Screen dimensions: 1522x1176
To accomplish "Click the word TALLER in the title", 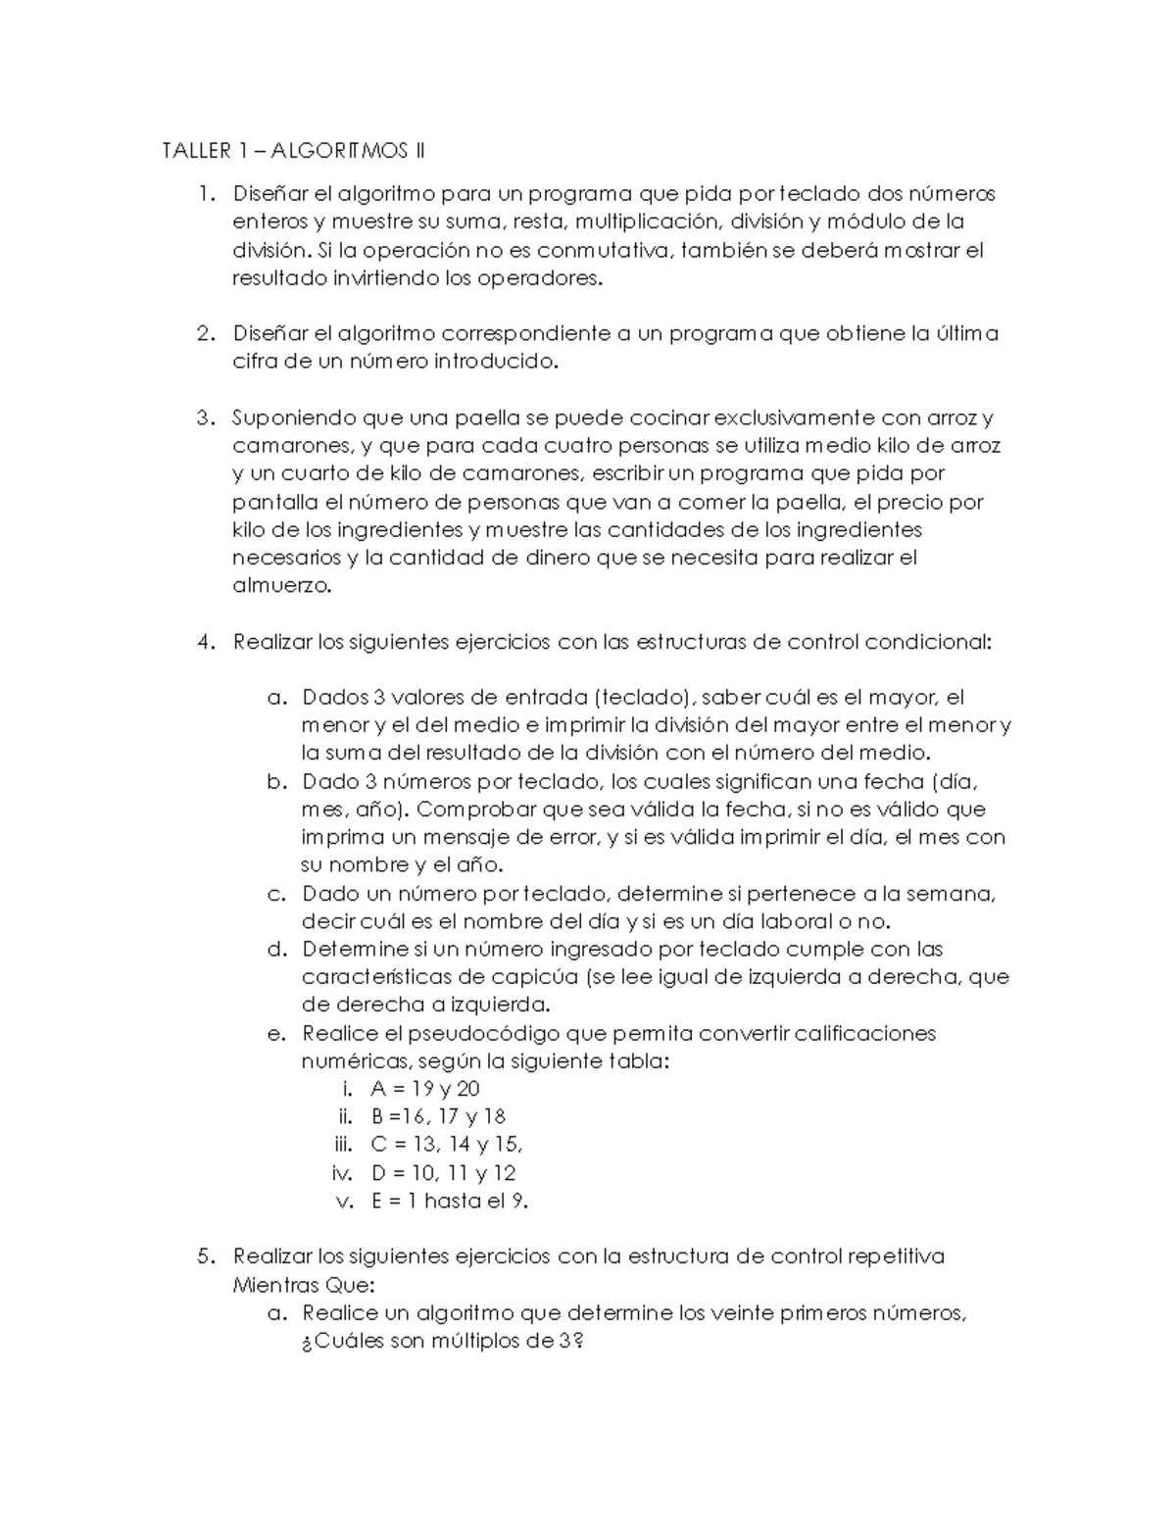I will [x=193, y=151].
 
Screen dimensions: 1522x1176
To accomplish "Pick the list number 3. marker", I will [x=204, y=418].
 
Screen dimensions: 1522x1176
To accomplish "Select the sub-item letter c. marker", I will [x=276, y=894].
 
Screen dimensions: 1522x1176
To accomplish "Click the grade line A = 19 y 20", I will [x=425, y=1089].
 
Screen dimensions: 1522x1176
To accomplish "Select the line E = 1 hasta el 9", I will [x=450, y=1202].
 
